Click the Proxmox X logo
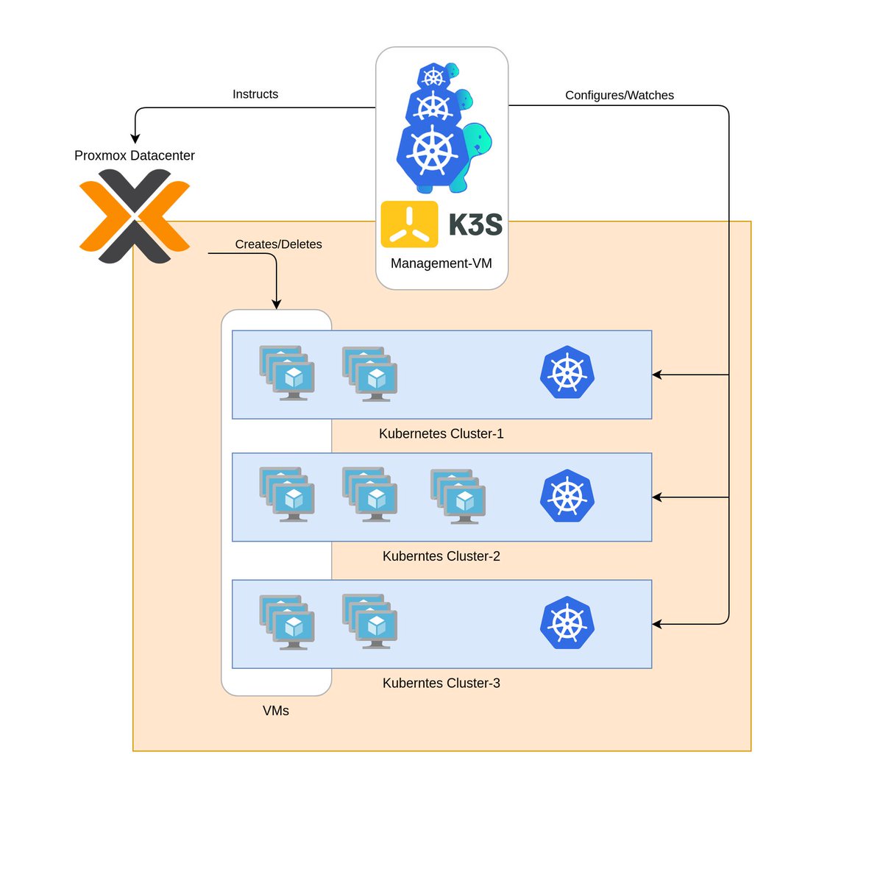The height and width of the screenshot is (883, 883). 135,216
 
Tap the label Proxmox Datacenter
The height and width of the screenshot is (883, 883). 135,156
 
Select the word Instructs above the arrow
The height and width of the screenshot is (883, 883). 255,94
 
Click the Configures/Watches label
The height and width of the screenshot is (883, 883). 620,95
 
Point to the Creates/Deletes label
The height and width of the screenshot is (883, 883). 278,244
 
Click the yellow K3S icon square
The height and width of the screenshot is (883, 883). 409,224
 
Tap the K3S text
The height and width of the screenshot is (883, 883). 475,224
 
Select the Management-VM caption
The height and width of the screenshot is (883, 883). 441,263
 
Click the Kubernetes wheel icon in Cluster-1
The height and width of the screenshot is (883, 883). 567,372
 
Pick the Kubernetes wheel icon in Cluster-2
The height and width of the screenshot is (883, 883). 567,496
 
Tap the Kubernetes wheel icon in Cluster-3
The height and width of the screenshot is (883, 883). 567,623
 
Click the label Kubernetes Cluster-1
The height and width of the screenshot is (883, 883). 441,434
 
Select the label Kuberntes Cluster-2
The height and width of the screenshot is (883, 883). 441,556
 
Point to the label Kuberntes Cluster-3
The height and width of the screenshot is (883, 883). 441,684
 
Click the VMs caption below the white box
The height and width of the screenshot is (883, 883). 276,711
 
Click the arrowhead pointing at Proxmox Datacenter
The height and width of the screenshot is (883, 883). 135,138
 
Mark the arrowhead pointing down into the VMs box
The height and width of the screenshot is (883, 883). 277,304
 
